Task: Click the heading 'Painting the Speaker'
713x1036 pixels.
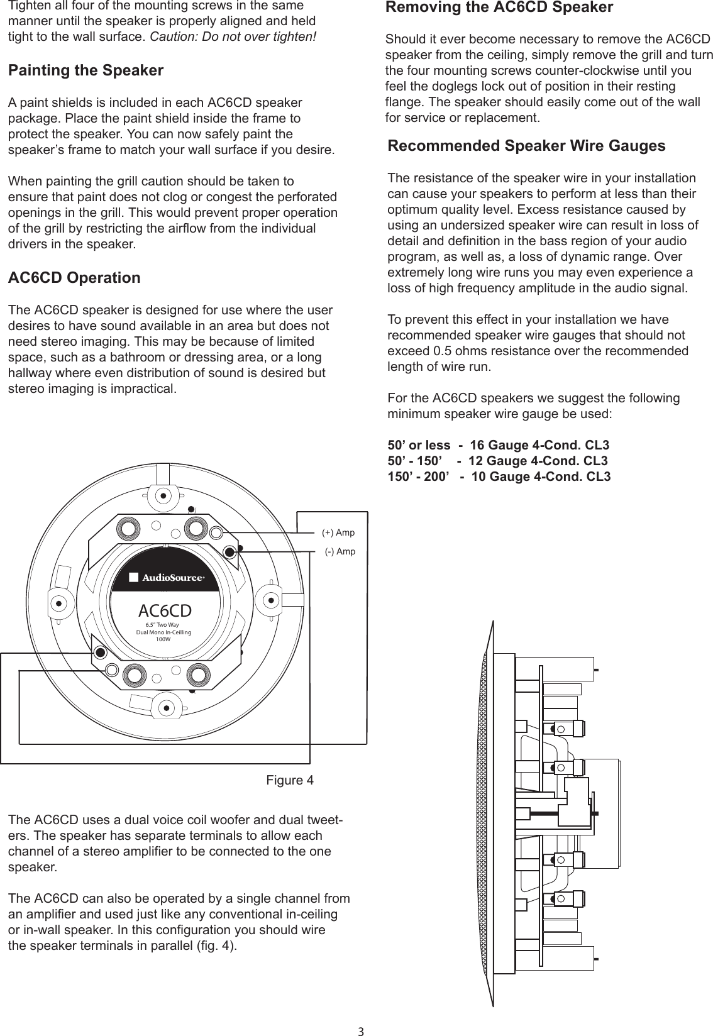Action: point(86,70)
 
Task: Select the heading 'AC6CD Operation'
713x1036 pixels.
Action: point(74,278)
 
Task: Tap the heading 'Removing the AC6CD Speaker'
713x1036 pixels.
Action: point(499,8)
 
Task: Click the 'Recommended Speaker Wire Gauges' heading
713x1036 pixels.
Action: point(526,146)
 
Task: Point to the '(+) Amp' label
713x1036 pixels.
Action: point(338,533)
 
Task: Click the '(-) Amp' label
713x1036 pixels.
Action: point(340,552)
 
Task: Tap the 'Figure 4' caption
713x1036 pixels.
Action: point(290,781)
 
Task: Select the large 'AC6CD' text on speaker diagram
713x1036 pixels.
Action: point(165,610)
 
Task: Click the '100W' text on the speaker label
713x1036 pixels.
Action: point(163,639)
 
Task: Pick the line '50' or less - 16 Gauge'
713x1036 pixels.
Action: point(498,446)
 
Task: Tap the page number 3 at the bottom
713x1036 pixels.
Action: point(361,1031)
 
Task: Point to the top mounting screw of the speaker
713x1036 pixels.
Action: point(163,495)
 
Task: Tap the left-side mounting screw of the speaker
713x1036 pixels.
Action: point(58,602)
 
